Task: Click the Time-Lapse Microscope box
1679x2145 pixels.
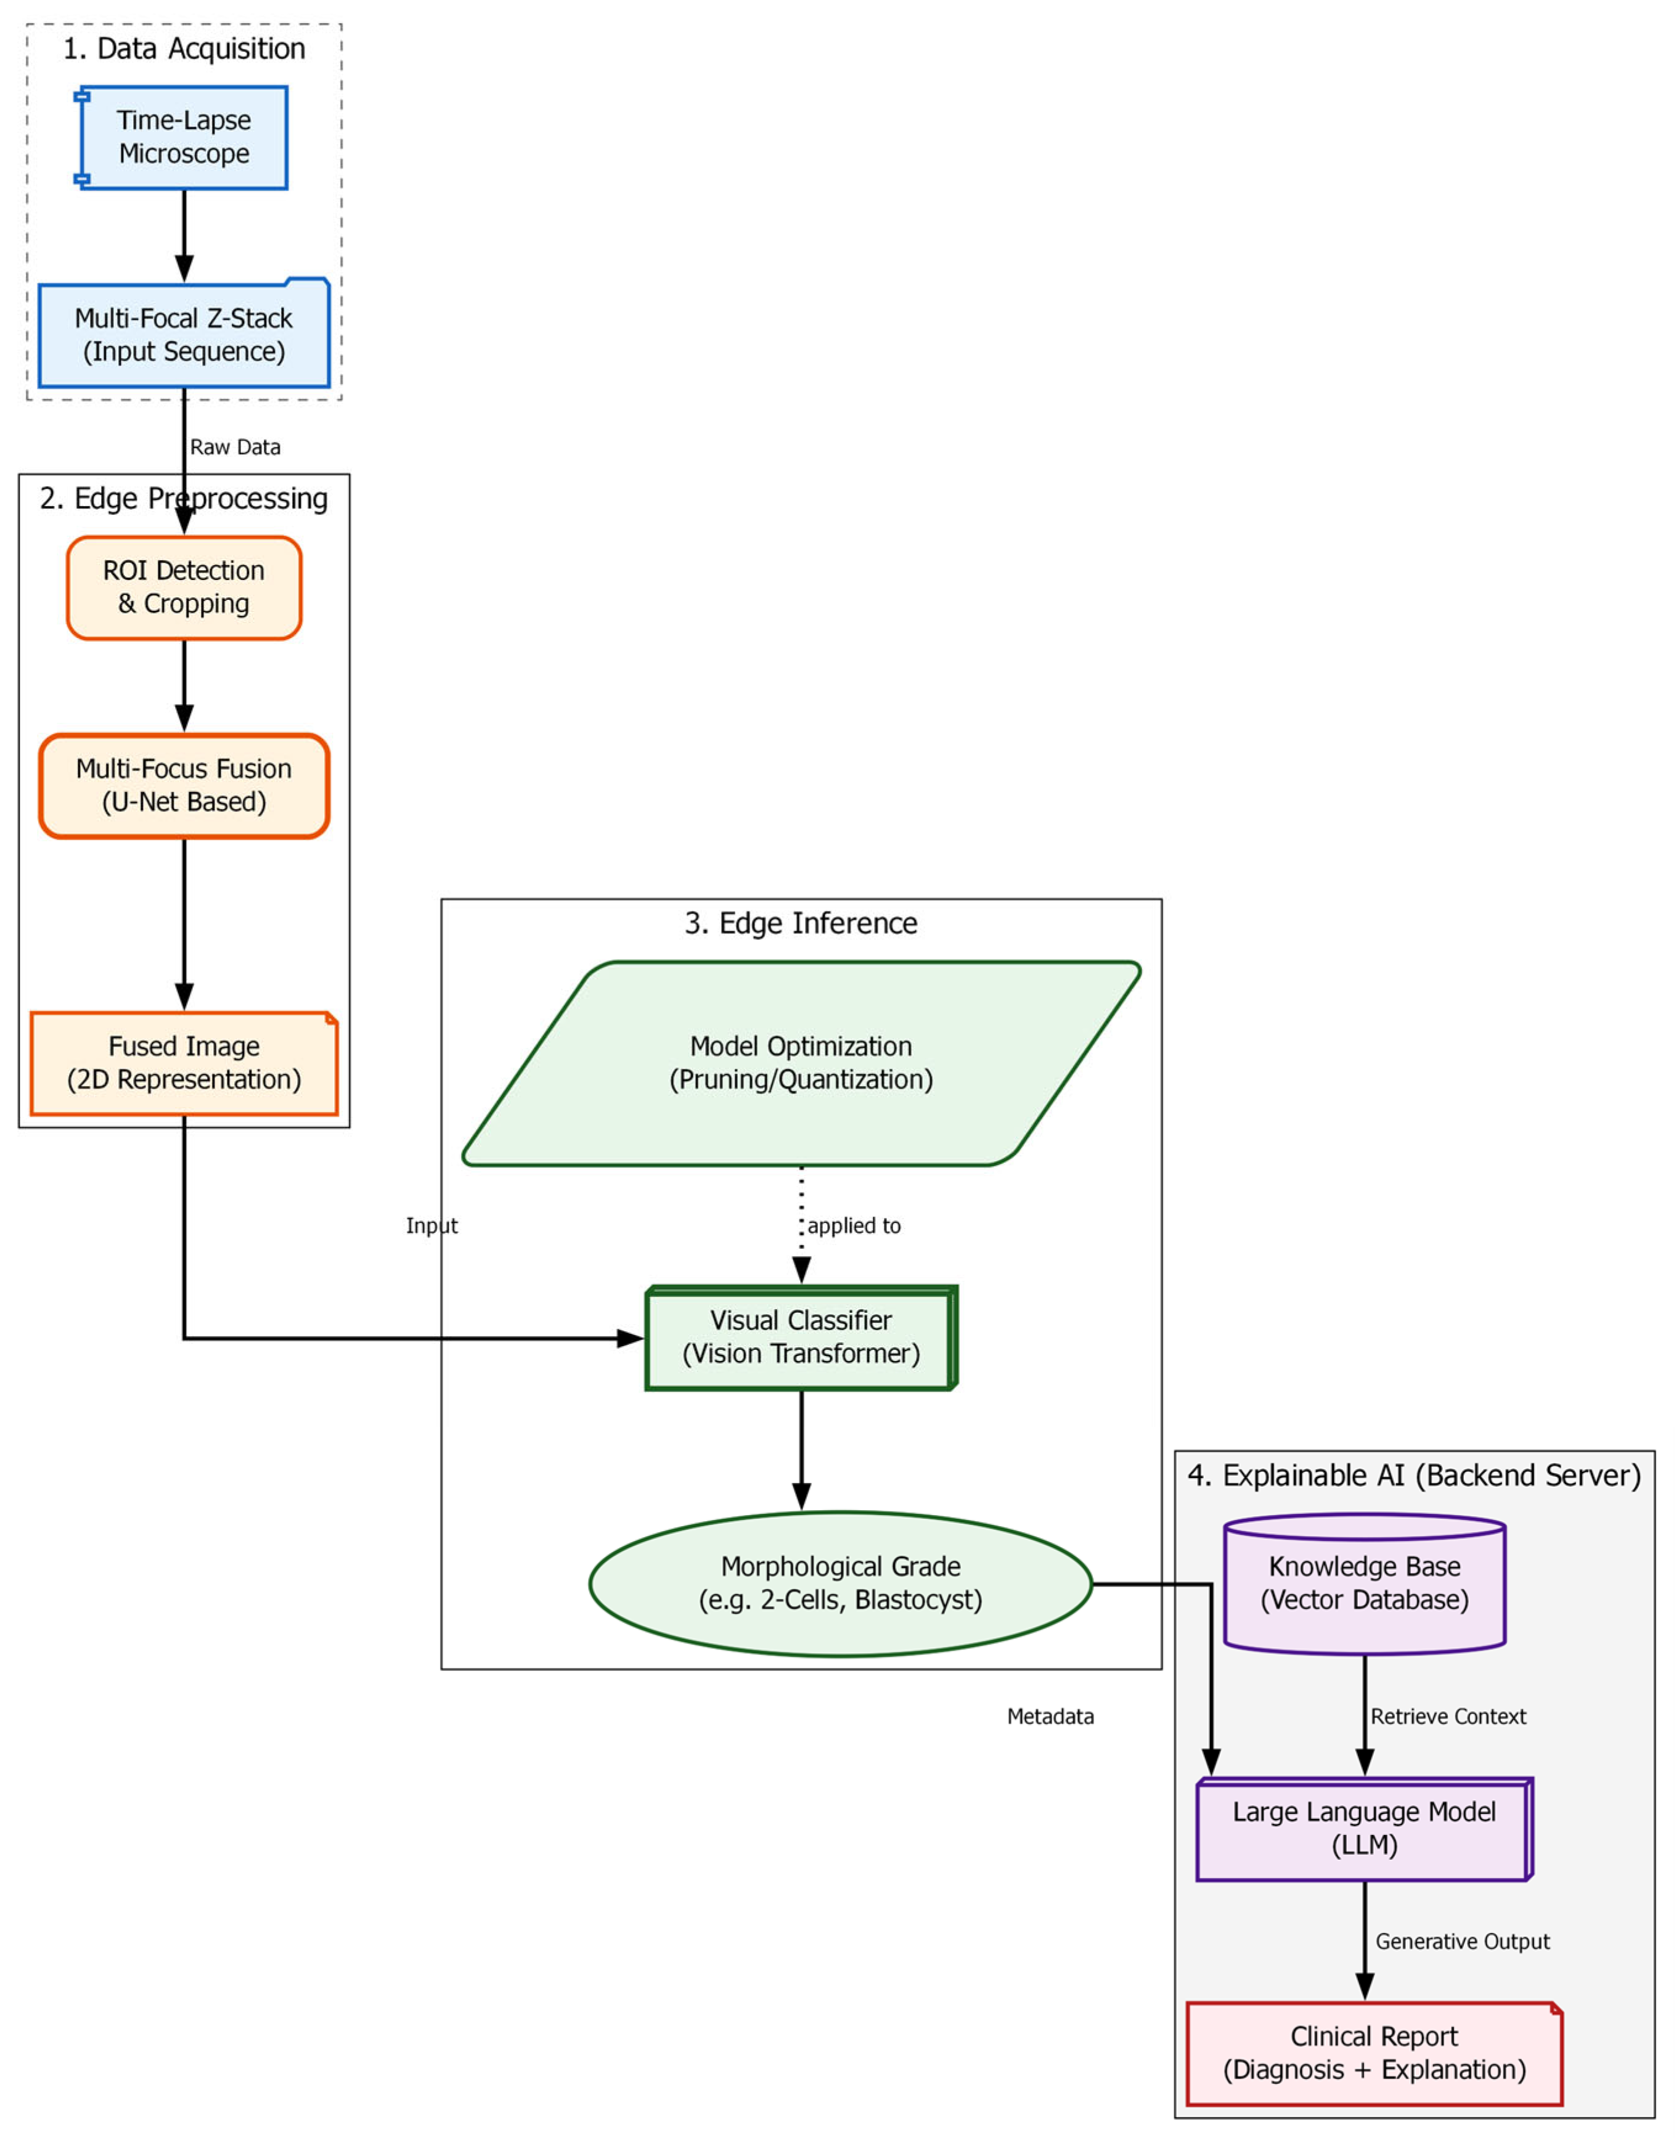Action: pos(184,137)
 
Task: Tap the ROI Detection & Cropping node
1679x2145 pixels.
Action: pos(184,588)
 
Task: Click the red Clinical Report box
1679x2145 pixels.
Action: pos(1375,2054)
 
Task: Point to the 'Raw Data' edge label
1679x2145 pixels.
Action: pos(235,447)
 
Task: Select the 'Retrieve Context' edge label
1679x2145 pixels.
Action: pos(1448,1717)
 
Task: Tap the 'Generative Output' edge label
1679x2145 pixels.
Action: pos(1462,1942)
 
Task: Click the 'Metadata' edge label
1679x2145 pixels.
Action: pos(1050,1717)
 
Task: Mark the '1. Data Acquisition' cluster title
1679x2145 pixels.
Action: pos(184,48)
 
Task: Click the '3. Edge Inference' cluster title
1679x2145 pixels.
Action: pos(801,923)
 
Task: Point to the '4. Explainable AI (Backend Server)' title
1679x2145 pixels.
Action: pos(1413,1476)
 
